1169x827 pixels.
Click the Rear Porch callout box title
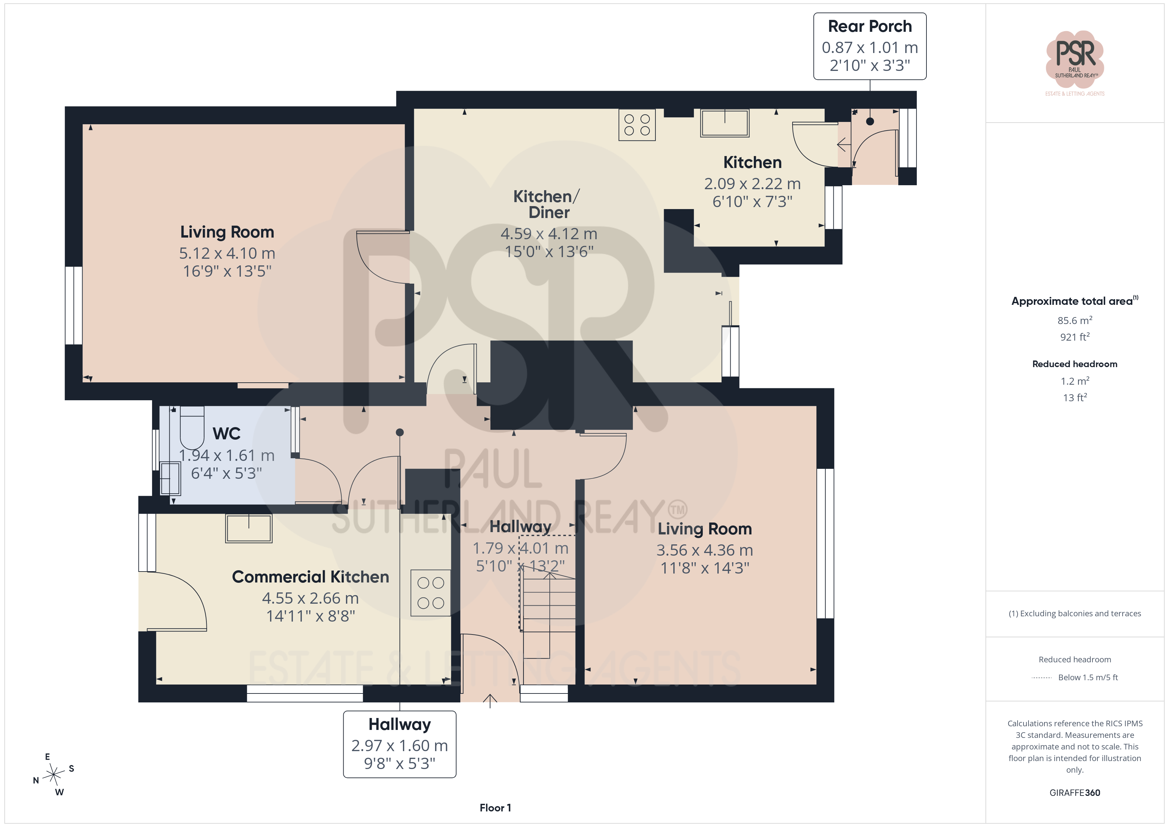pyautogui.click(x=869, y=26)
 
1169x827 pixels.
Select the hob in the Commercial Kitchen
pyautogui.click(x=431, y=593)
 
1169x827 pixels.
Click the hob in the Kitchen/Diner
pyautogui.click(x=637, y=125)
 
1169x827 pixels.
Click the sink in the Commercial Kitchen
pyautogui.click(x=249, y=528)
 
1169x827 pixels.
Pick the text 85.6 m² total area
pyautogui.click(x=1075, y=320)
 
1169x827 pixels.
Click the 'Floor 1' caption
pyautogui.click(x=495, y=808)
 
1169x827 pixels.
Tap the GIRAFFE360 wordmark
pyautogui.click(x=1075, y=793)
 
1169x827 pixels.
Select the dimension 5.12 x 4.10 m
pyautogui.click(x=227, y=253)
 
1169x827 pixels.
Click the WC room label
pyautogui.click(x=227, y=433)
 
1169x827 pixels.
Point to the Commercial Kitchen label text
pyautogui.click(x=310, y=577)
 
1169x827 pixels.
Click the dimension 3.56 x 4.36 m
pyautogui.click(x=705, y=550)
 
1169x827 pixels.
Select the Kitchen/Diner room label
pyautogui.click(x=546, y=204)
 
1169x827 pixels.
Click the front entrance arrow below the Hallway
pyautogui.click(x=490, y=701)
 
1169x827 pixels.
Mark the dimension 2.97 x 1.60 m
pyautogui.click(x=400, y=745)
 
